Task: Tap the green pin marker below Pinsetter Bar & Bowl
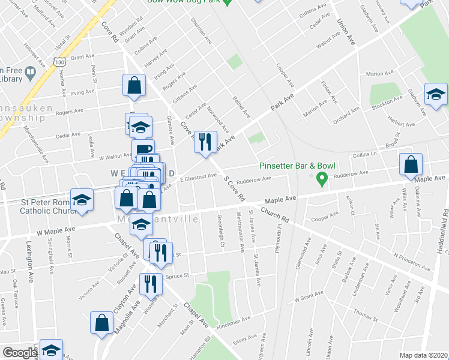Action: click(x=321, y=178)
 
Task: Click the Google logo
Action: click(x=19, y=353)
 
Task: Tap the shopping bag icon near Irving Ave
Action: click(x=134, y=85)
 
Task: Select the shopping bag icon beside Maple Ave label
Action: click(x=411, y=164)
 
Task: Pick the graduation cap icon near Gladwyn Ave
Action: click(x=436, y=94)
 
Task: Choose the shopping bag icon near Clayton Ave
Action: click(x=101, y=322)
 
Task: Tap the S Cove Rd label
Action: click(x=234, y=188)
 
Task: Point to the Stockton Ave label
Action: click(x=384, y=106)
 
